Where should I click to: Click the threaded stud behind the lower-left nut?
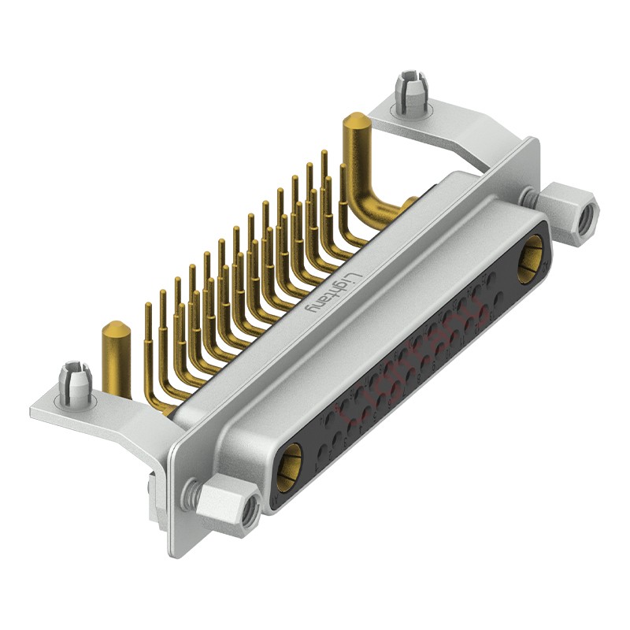click(189, 493)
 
